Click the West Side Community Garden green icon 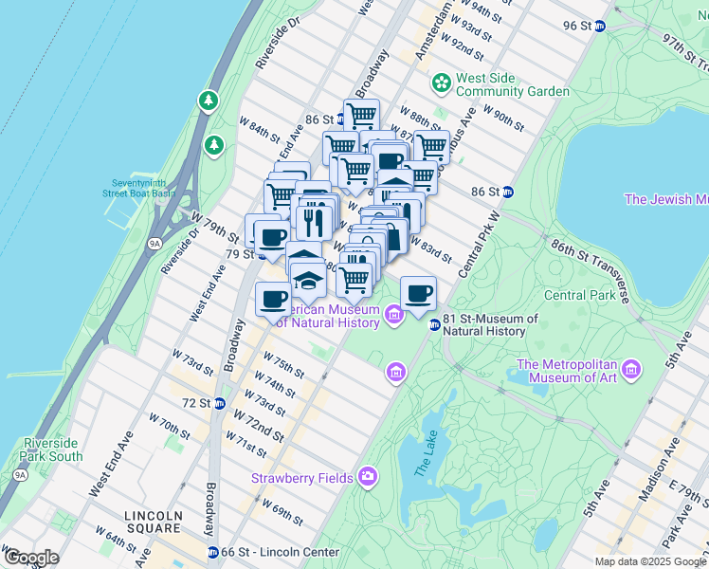pyautogui.click(x=441, y=84)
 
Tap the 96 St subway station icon pyautogui.click(x=599, y=26)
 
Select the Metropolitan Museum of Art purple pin pyautogui.click(x=632, y=367)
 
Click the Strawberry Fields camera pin pyautogui.click(x=368, y=477)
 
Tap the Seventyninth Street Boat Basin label pyautogui.click(x=138, y=187)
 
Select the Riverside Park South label pyautogui.click(x=53, y=450)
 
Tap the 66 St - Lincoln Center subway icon pyautogui.click(x=213, y=552)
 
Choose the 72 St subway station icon pyautogui.click(x=219, y=403)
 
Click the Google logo pyautogui.click(x=30, y=558)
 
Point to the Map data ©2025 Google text pyautogui.click(x=650, y=561)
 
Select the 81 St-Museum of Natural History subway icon pyautogui.click(x=435, y=325)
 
